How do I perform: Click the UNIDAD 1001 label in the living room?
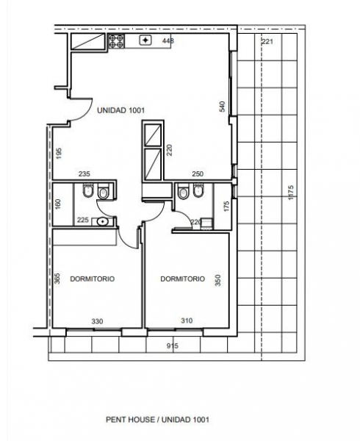pyautogui.click(x=120, y=110)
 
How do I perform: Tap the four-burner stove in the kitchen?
pyautogui.click(x=117, y=43)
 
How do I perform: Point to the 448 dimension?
pyautogui.click(x=168, y=41)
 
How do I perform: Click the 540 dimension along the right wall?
pyautogui.click(x=221, y=106)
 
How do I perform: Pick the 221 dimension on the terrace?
pyautogui.click(x=267, y=41)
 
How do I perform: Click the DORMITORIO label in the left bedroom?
pyautogui.click(x=92, y=279)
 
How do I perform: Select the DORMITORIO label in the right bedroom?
pyautogui.click(x=181, y=279)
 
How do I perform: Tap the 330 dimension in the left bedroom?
pyautogui.click(x=96, y=321)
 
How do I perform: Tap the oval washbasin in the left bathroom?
pyautogui.click(x=102, y=220)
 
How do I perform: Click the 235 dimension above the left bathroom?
pyautogui.click(x=84, y=174)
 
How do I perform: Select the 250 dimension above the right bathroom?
pyautogui.click(x=198, y=174)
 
